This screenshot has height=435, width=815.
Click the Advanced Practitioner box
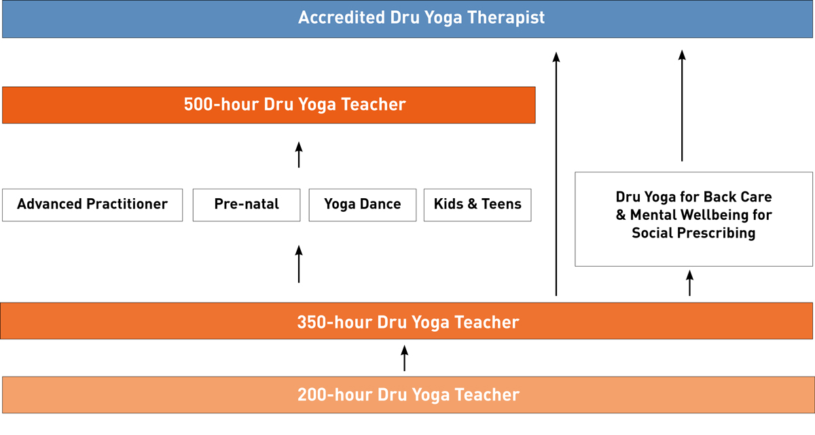pos(92,205)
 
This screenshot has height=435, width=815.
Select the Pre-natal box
pos(247,205)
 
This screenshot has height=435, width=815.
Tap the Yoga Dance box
pos(363,205)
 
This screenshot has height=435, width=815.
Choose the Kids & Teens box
pos(477,205)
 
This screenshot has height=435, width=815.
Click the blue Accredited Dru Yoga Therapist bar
pos(407,19)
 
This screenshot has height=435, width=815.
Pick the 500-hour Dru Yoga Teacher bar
pos(269,105)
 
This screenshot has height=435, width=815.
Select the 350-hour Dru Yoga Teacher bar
pos(406,321)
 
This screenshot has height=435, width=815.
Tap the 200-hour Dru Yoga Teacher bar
pos(408,395)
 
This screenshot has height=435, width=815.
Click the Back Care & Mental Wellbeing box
pos(693,219)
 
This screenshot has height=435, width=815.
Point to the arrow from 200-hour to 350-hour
pos(404,358)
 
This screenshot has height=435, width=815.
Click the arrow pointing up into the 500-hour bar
pos(299,155)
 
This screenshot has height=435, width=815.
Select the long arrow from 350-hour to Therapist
pos(556,174)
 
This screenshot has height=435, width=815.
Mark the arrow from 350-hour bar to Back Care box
pos(689,283)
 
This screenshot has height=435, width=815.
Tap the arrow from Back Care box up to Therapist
pos(682,106)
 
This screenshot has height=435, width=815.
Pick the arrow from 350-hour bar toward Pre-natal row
pos(299,264)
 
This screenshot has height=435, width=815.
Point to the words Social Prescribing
pos(693,233)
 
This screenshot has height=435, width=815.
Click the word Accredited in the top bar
pos(341,18)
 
